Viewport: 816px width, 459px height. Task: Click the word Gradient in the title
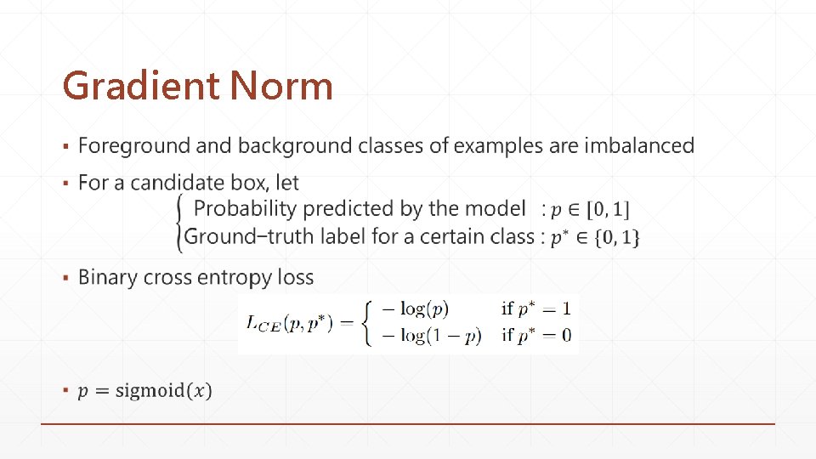141,87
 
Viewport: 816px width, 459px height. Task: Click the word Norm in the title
281,87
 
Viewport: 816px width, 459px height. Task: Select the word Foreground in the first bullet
134,146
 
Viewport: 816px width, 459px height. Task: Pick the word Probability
246,208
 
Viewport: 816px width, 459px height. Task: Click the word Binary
106,278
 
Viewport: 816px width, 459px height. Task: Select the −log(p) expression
414,308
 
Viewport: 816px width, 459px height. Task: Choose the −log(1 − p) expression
429,335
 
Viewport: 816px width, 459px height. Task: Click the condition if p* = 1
536,308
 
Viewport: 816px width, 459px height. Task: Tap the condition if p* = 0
536,335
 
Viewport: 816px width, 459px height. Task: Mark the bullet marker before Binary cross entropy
65,279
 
